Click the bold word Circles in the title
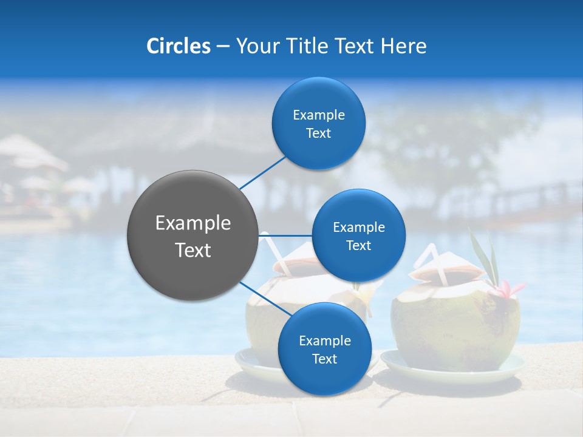coord(179,46)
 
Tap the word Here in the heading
coord(404,46)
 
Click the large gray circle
coord(193,235)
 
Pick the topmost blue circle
coord(318,123)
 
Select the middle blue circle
coord(358,235)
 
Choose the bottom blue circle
coord(324,349)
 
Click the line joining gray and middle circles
coord(285,235)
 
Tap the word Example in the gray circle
coord(193,223)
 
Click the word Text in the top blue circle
coord(318,134)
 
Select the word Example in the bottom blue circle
coord(324,340)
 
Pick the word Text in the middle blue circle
coord(358,246)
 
